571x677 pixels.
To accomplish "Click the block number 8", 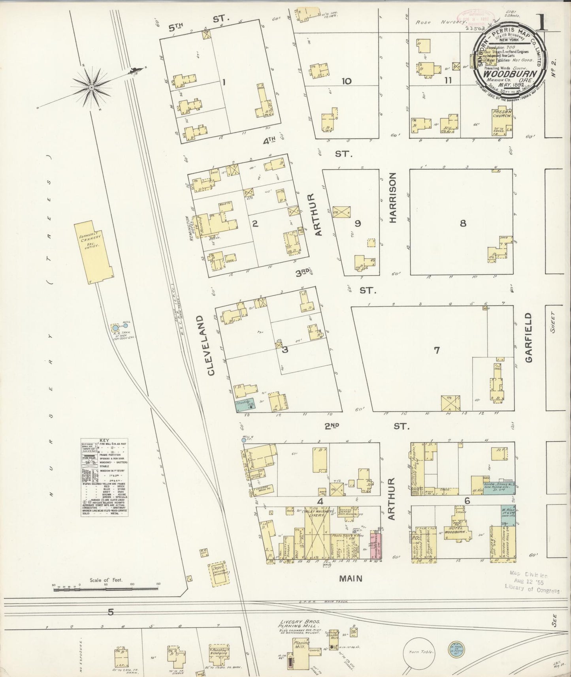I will [463, 223].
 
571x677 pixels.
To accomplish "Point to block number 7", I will [437, 350].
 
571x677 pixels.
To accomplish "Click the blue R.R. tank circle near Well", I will [115, 327].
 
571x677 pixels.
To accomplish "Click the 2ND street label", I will [333, 426].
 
